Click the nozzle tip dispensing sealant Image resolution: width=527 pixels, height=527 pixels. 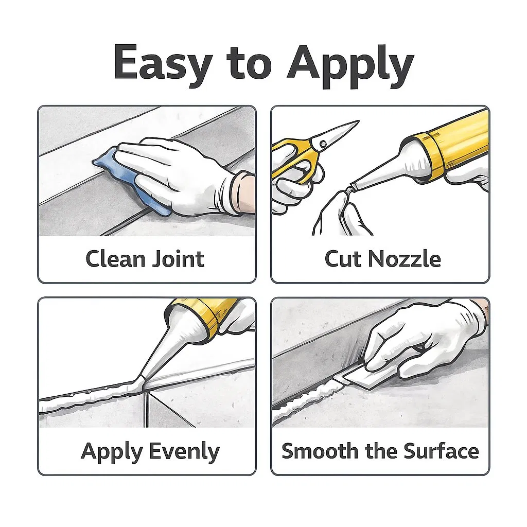140,382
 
